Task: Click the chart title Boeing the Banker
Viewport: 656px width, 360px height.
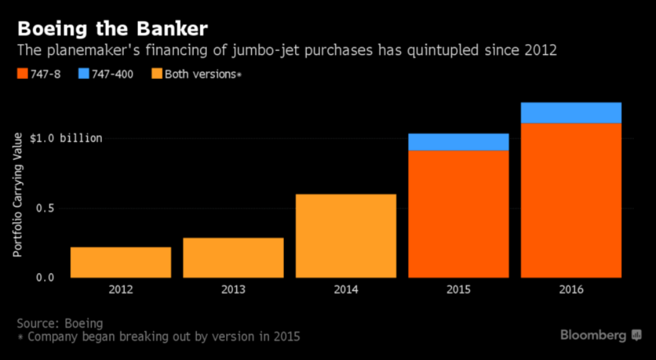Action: coord(112,29)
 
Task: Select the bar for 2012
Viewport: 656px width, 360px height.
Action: coord(120,262)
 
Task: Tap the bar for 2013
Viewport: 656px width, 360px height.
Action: coord(233,258)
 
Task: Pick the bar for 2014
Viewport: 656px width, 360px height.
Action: coord(345,236)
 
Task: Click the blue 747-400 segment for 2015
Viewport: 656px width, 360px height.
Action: coord(459,142)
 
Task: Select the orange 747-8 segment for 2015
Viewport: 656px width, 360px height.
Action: coord(459,214)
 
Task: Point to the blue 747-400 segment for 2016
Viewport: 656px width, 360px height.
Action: coord(571,113)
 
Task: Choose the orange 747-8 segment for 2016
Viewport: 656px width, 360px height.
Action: coord(571,201)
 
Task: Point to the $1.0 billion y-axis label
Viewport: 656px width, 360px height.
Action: coord(66,139)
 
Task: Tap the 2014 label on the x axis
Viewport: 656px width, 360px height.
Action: coord(345,290)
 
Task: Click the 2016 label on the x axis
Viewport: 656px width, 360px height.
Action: coord(571,290)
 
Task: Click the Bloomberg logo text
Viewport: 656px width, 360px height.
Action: coord(593,335)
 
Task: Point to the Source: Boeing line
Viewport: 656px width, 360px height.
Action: coord(60,324)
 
